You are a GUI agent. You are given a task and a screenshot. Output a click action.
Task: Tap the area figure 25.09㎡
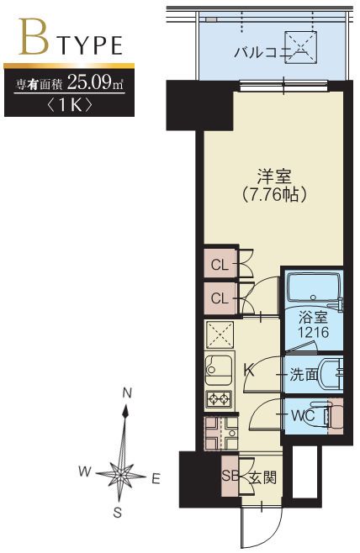95,84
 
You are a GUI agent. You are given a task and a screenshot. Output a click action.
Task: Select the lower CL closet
219,298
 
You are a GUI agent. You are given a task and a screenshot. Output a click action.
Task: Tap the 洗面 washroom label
304,375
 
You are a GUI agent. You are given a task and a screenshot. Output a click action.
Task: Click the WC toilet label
304,415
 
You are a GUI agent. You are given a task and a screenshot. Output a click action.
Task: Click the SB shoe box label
230,477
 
